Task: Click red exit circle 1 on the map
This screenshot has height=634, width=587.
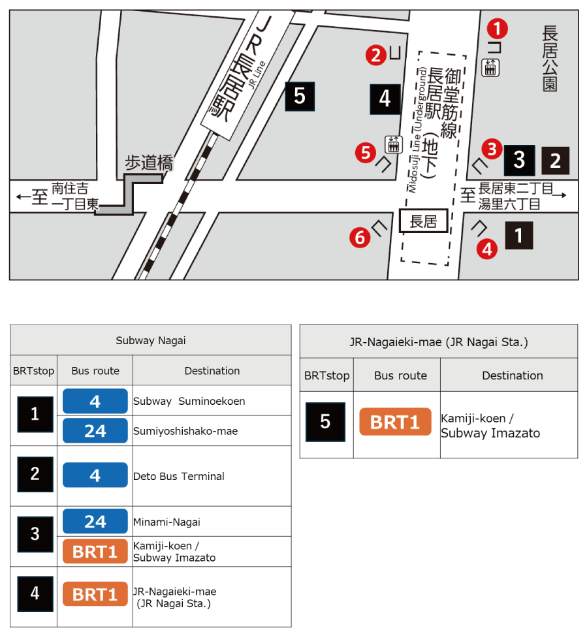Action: pos(498,28)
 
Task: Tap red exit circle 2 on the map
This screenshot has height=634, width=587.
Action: pos(375,55)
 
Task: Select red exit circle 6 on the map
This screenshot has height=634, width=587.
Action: pos(359,238)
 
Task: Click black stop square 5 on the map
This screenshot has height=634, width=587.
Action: pos(300,96)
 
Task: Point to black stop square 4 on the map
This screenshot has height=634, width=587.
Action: pos(385,99)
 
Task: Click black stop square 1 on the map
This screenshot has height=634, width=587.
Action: pos(519,235)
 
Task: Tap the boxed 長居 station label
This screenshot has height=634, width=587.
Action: pos(423,222)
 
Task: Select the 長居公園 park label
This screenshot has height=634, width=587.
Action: pos(550,59)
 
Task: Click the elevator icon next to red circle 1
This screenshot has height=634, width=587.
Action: pos(490,67)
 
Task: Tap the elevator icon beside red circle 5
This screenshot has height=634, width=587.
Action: pos(393,143)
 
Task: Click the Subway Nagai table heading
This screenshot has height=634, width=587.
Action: pos(150,340)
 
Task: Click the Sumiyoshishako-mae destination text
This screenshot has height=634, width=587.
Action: pos(185,431)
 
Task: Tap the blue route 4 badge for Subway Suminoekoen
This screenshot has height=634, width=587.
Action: pos(95,401)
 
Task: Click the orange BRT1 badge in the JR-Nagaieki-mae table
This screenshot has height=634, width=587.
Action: pos(395,422)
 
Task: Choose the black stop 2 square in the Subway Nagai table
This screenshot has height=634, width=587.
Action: pos(35,474)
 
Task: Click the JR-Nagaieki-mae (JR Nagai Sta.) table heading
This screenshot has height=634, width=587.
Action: pos(438,341)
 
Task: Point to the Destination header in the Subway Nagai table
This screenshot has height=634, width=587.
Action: pos(212,371)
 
